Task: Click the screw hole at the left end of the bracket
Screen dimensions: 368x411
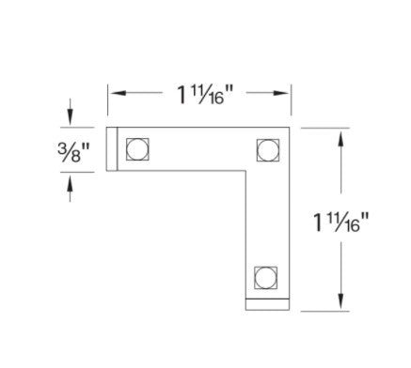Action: tap(137, 149)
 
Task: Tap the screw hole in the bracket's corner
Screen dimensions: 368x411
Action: tap(268, 149)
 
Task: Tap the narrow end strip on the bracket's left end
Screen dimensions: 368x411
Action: tap(110, 149)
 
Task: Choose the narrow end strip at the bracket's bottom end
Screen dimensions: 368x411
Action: tap(268, 304)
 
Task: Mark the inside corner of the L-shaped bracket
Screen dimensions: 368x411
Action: tap(245, 171)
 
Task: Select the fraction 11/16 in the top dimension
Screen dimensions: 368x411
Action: tap(209, 94)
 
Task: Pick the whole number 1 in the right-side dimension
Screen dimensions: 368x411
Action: tap(320, 223)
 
